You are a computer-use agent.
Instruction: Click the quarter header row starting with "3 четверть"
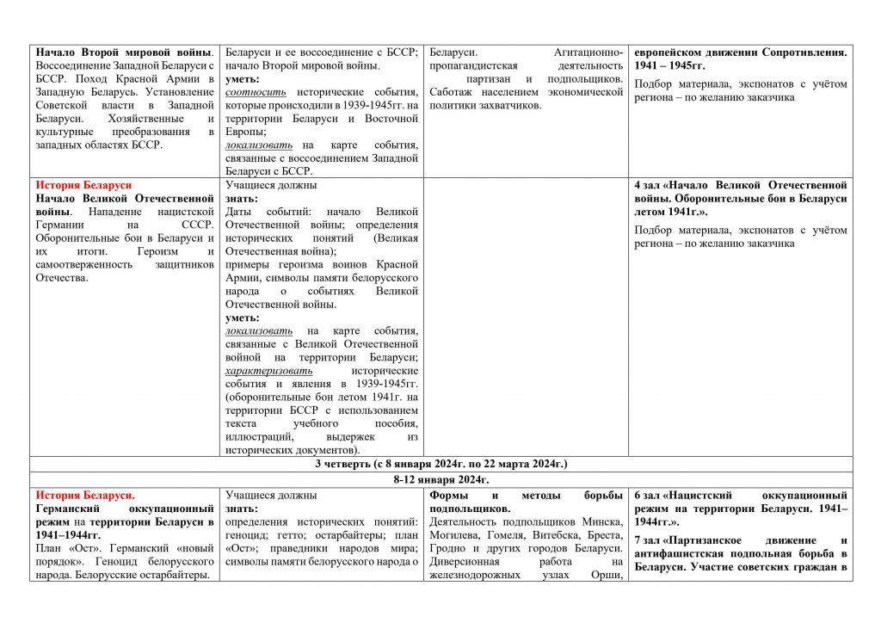tap(440, 464)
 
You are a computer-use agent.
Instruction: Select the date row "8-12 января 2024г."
tap(440, 479)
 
